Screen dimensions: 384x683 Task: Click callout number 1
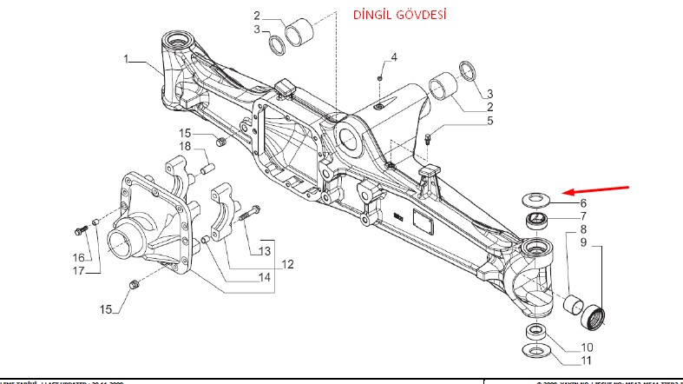coord(127,59)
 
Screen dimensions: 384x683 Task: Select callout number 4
coord(393,57)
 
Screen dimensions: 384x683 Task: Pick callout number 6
coord(583,202)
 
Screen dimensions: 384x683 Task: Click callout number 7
coord(583,216)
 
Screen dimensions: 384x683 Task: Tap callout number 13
coord(265,251)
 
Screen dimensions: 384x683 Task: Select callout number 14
coord(264,277)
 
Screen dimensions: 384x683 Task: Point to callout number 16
coord(78,257)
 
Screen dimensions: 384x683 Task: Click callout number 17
coord(78,270)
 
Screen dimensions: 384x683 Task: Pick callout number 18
coord(186,146)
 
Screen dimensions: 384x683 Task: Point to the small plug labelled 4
coord(380,77)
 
